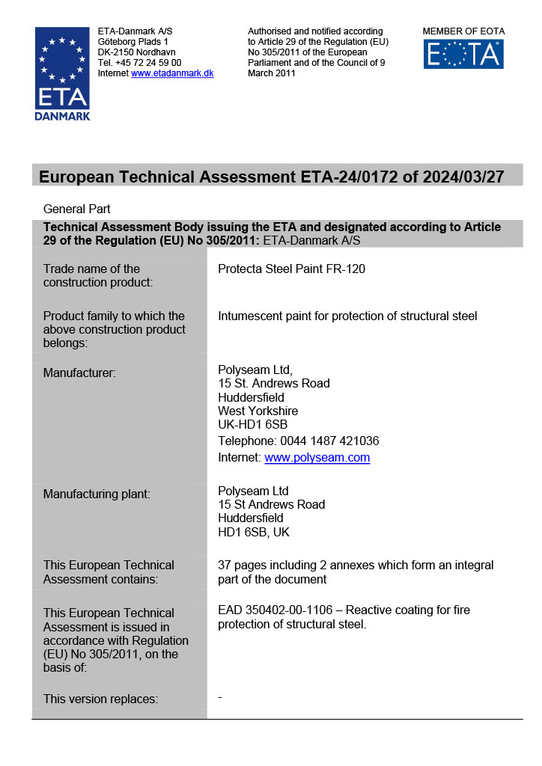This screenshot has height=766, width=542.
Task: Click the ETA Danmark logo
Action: coord(62,73)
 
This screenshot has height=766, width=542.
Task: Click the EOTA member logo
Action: coord(463,54)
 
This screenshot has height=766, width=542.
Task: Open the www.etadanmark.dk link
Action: coord(172,73)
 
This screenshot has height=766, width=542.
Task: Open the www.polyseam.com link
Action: coord(317,458)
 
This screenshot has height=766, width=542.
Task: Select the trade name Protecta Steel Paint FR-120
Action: coord(291,269)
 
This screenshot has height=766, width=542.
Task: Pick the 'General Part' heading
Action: coord(77,209)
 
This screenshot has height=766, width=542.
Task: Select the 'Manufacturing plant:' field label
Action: coord(97,494)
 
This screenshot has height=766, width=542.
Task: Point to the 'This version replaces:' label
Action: coord(100,699)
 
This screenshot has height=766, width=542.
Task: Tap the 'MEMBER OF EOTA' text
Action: coord(463,31)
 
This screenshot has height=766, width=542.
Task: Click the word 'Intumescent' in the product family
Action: coord(251,316)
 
